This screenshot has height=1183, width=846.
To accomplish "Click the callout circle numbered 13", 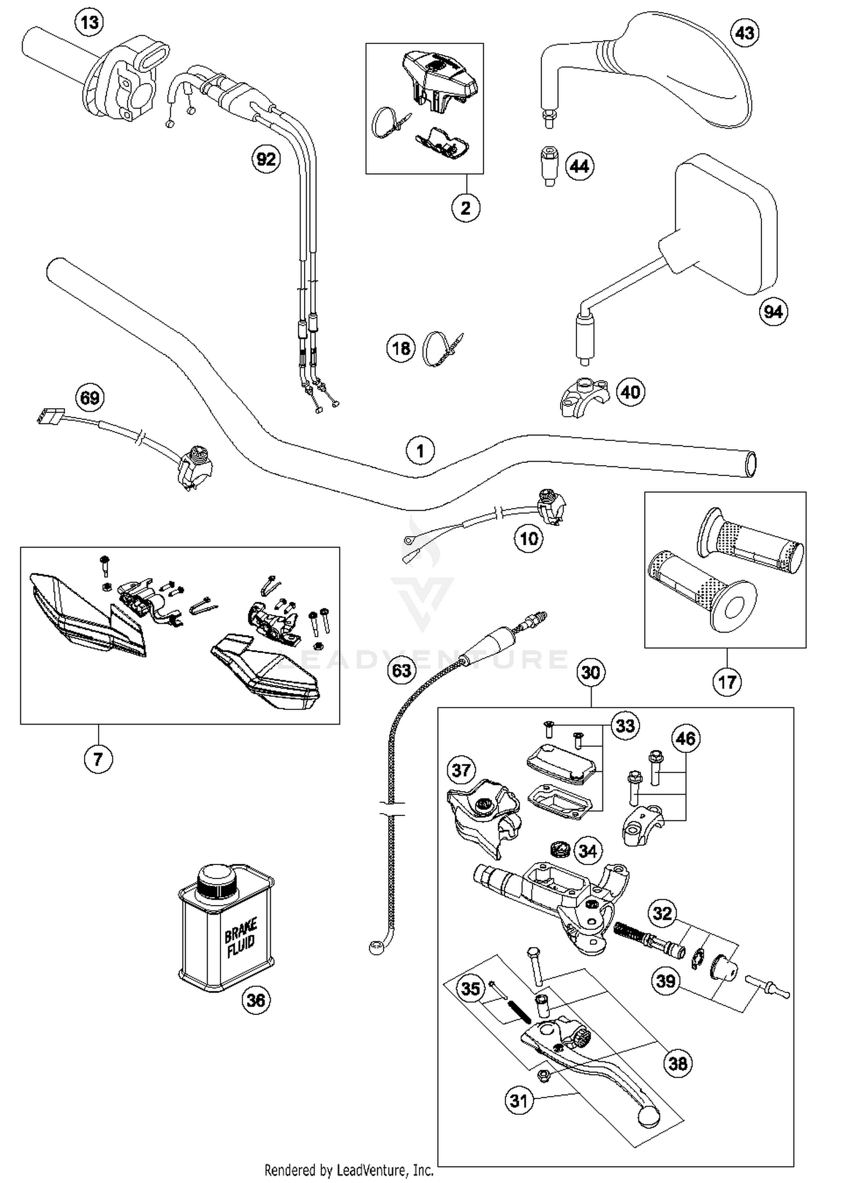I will tap(90, 23).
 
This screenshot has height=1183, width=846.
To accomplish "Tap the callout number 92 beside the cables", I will tap(266, 159).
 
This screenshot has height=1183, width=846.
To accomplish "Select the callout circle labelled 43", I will tap(744, 33).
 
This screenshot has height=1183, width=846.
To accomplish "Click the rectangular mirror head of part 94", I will tap(728, 226).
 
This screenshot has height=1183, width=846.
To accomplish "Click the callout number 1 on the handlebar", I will tap(420, 451).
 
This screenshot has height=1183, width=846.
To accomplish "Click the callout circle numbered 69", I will tap(90, 398).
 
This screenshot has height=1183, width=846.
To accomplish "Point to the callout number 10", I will tap(528, 538).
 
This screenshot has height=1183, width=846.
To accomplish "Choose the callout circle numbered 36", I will tap(255, 1000).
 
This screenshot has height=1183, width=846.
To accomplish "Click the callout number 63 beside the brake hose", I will tap(402, 670).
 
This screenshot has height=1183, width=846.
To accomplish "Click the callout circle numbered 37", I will tap(461, 770).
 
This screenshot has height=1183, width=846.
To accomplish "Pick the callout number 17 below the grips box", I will tap(726, 682).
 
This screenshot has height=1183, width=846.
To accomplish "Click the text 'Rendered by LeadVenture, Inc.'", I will tap(349, 1170).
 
